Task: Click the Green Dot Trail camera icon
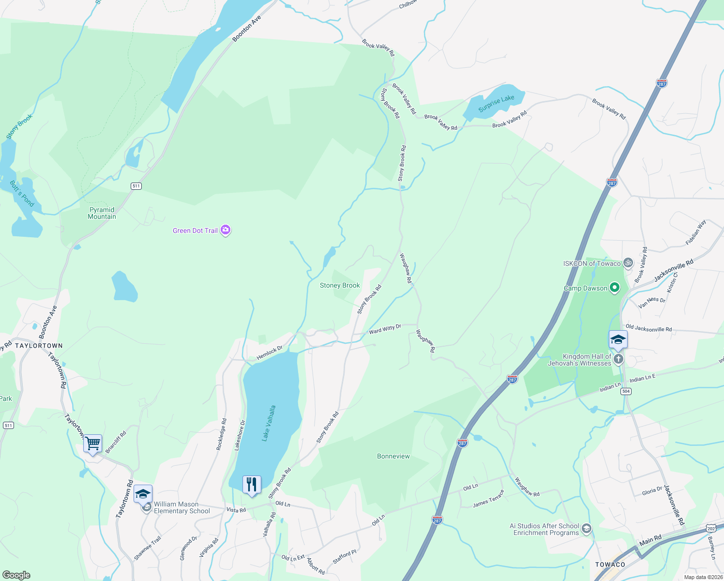226,230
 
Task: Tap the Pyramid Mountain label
102,213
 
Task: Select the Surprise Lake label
496,104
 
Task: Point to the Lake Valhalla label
269,423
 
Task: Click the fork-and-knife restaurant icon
252,485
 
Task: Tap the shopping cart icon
92,443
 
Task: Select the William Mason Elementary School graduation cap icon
143,494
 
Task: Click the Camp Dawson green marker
614,288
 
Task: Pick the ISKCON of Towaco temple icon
628,263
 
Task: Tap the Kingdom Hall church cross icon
618,359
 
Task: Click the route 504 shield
626,391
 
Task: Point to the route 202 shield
710,528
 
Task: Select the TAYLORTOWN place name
39,346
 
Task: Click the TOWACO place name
610,565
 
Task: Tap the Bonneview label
393,456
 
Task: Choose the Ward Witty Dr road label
385,329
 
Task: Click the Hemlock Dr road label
269,353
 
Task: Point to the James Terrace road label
488,499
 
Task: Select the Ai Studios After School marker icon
586,529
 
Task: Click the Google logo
16,575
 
